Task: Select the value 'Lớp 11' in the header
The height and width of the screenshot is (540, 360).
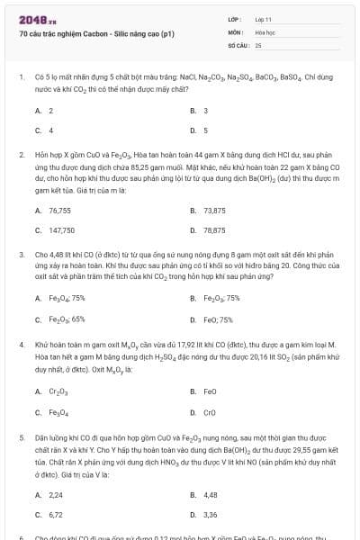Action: (264, 18)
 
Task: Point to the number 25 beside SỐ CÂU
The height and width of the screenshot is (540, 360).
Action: (258, 43)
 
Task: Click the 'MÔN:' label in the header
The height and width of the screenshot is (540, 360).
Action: (236, 31)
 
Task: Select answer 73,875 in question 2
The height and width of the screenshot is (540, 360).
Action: (214, 210)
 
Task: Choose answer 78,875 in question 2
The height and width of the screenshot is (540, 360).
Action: (214, 229)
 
